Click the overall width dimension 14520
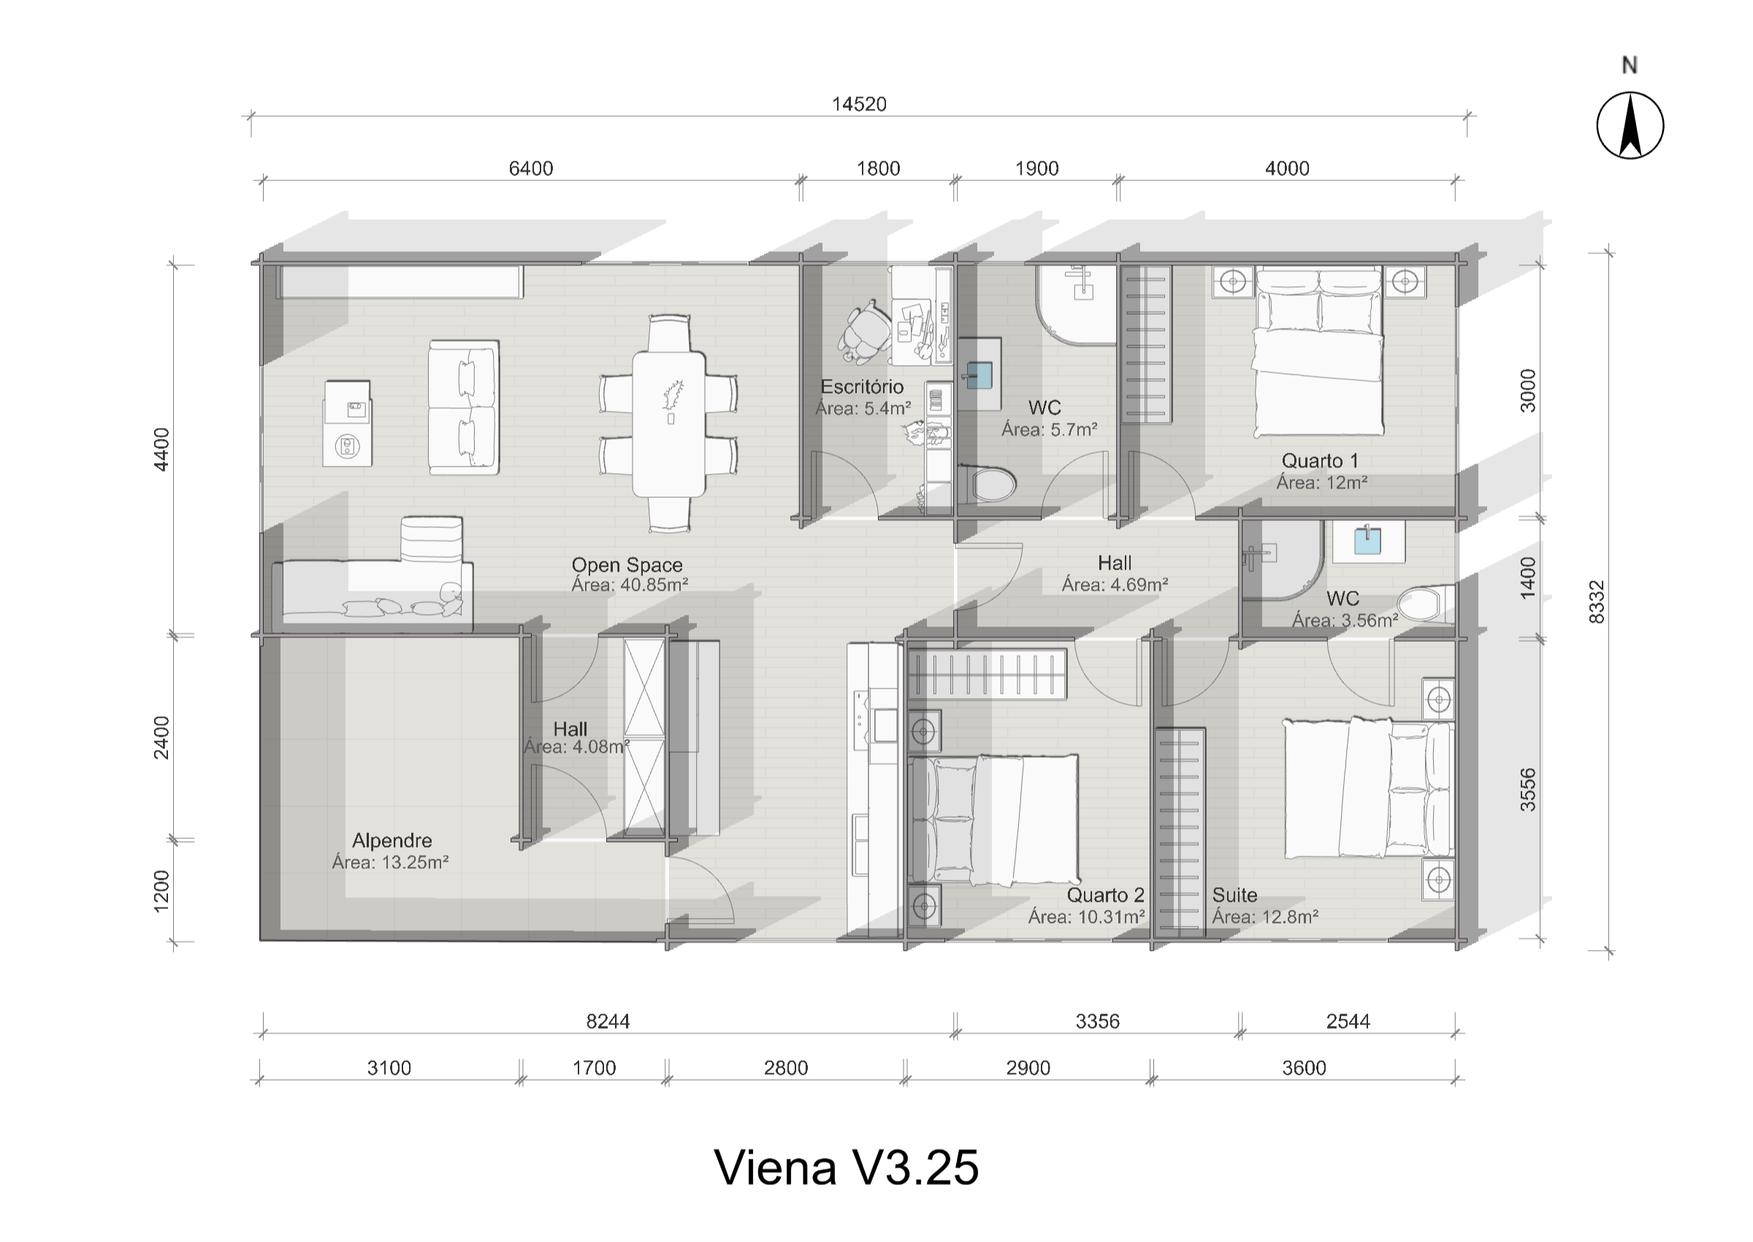pos(859,104)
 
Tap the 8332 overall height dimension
pos(1596,602)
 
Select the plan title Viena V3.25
pos(846,1168)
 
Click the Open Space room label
pos(627,565)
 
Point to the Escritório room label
pos(862,387)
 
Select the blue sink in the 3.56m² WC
pos(1367,541)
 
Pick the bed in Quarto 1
pos(1318,353)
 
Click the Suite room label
pos(1234,894)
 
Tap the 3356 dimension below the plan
pos(1097,1021)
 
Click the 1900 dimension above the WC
pos(1036,168)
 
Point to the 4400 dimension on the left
pos(162,449)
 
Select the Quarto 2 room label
pos(1105,894)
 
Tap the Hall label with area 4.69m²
pos(1115,564)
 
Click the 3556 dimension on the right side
pos(1527,789)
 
